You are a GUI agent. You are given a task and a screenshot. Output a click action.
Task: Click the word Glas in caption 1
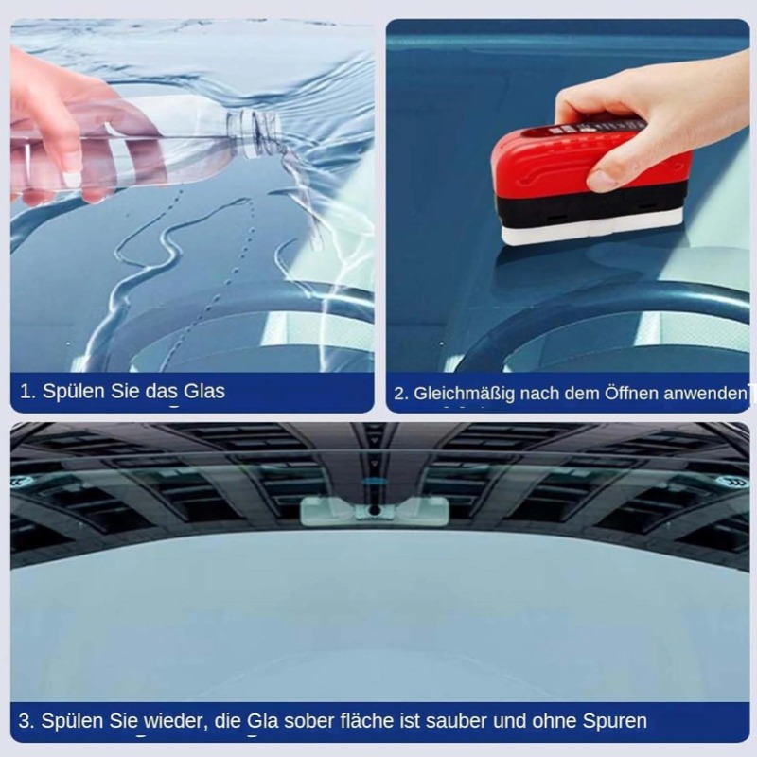203,390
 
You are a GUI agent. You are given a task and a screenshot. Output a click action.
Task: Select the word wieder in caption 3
173,721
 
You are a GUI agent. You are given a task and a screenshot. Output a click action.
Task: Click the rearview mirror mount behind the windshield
374,510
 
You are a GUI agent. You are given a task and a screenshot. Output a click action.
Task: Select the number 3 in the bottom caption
25,721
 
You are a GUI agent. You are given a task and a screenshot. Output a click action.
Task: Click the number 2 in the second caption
400,394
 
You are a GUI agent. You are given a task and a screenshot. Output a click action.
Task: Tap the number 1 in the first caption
26,390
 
